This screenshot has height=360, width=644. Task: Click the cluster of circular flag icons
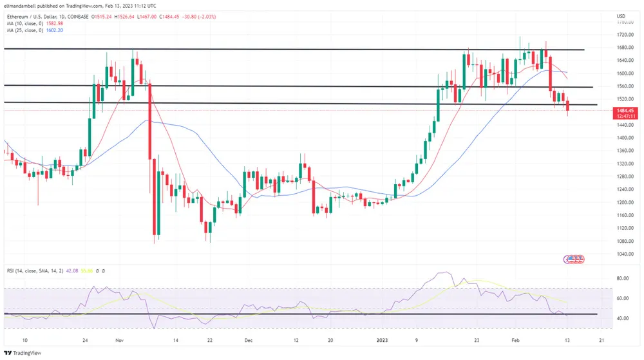574,259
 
